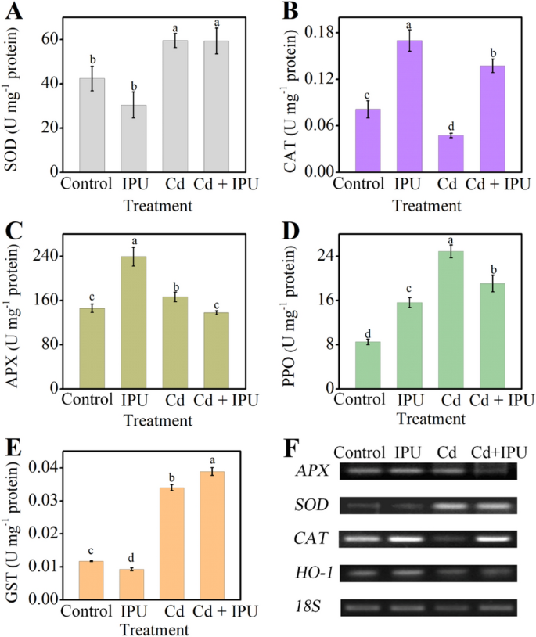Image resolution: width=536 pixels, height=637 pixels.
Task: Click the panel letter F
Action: coord(289,449)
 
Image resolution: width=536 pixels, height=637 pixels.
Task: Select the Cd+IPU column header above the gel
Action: coord(501,452)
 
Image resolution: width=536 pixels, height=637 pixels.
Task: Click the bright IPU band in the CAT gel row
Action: coord(405,538)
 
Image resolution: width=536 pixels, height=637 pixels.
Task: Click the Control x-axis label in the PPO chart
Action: coord(363,400)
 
